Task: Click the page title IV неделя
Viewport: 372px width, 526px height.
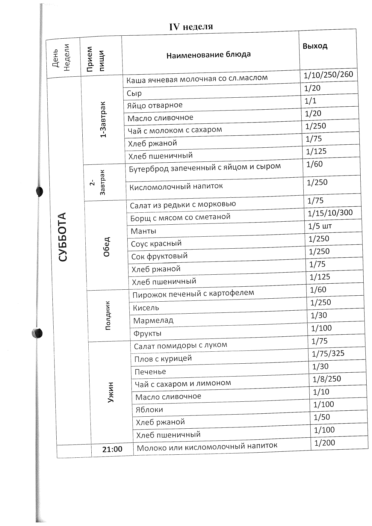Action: (x=191, y=27)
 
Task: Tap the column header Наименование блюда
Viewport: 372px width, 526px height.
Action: (x=208, y=55)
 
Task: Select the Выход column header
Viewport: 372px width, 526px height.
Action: (x=315, y=46)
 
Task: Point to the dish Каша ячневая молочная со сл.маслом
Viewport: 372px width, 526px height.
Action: (x=197, y=79)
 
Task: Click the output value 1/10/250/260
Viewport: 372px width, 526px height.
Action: (x=328, y=74)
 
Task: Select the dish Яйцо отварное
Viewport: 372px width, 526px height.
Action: (x=155, y=105)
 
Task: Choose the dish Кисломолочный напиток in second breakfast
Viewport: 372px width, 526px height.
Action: (x=176, y=187)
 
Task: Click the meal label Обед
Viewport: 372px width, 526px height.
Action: (x=106, y=247)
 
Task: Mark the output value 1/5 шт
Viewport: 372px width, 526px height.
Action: (x=320, y=226)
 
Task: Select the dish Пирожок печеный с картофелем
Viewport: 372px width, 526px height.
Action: (x=193, y=294)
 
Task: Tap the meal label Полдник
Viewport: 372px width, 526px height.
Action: (x=108, y=315)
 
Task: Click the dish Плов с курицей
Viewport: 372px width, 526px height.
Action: (x=163, y=359)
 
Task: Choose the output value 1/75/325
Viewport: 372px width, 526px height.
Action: (x=328, y=354)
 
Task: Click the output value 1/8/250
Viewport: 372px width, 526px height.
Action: (x=326, y=379)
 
